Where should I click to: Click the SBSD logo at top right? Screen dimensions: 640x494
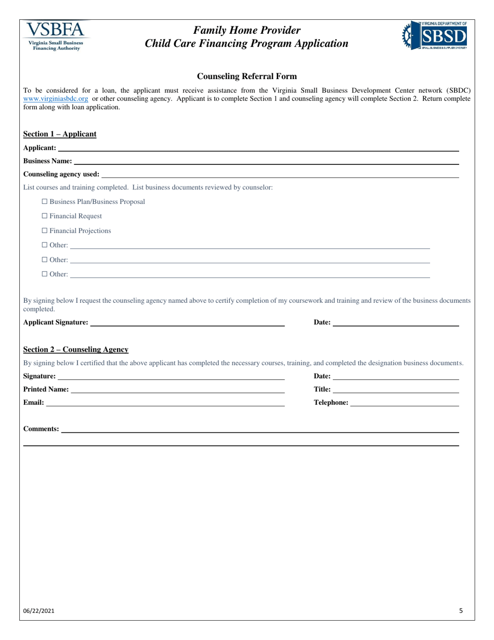tap(434, 35)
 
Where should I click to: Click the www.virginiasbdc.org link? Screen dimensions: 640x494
tap(56, 98)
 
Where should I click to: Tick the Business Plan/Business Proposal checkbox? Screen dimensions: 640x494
tap(44, 201)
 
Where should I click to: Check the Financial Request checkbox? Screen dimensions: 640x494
tap(44, 216)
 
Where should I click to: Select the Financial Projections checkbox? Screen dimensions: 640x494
tap(44, 231)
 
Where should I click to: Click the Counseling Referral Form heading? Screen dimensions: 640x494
tap(247, 76)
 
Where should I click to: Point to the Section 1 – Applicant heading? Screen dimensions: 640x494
tap(60, 134)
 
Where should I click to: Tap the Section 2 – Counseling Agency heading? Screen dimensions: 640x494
tap(76, 349)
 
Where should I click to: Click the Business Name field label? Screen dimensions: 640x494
tap(47, 161)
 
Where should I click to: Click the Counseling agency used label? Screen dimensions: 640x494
tap(61, 174)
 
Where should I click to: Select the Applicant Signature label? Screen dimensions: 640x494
tap(56, 322)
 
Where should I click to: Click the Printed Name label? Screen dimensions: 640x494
tap(46, 389)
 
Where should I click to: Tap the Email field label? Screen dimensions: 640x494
tap(34, 402)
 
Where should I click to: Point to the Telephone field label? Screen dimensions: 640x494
tap(331, 402)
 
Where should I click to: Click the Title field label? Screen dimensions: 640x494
tap(322, 389)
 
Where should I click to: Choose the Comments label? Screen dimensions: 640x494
tap(41, 429)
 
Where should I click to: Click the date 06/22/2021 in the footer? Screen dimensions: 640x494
tap(39, 611)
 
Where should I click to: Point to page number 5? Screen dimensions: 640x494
tap(461, 611)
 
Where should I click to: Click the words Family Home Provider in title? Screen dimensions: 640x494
tap(247, 30)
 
